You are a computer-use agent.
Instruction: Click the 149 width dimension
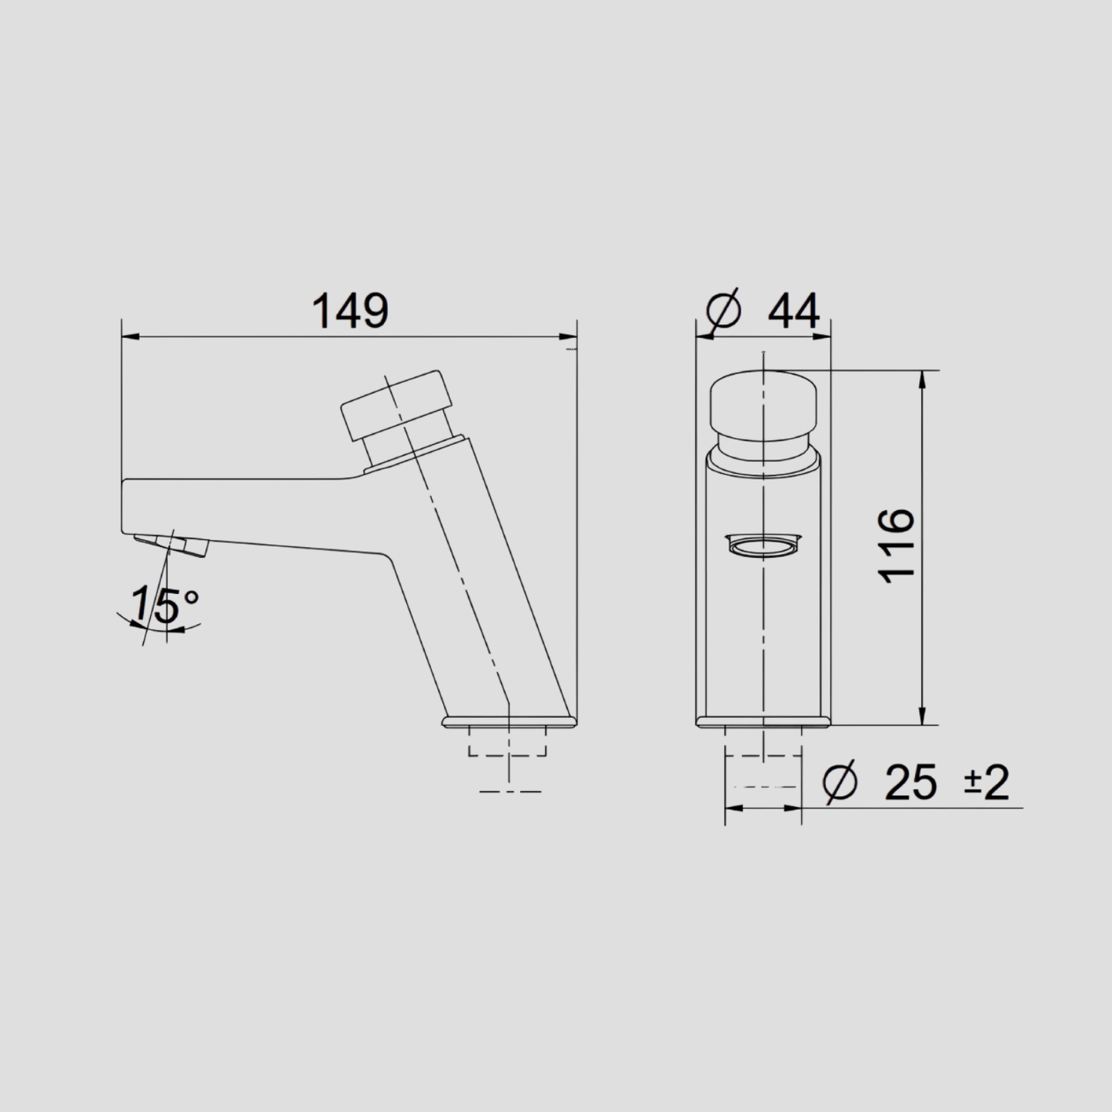click(350, 312)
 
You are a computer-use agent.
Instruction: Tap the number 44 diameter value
click(794, 312)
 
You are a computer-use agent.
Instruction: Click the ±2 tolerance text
click(986, 783)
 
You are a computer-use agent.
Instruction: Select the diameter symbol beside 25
click(840, 783)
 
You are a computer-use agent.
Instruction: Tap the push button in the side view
click(393, 406)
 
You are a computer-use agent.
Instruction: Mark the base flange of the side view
click(509, 722)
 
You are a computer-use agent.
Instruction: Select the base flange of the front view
click(763, 722)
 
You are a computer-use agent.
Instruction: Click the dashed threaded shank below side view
click(508, 743)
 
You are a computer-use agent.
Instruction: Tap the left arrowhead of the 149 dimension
click(130, 336)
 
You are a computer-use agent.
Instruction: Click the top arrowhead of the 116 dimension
click(922, 378)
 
